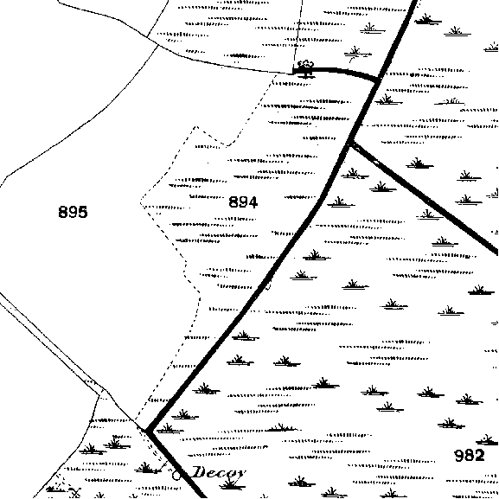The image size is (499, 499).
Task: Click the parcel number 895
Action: pos(73,212)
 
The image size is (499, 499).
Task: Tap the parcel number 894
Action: pos(243,202)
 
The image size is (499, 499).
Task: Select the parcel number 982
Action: pos(470,455)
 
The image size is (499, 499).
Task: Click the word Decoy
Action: pos(219,472)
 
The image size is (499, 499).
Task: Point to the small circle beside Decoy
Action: pos(176,475)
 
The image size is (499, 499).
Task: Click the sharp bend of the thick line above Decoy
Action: pos(147,431)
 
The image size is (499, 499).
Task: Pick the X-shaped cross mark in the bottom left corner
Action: pos(75,493)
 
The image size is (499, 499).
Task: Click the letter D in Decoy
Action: pos(200,471)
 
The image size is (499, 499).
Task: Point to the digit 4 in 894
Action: pos(253,202)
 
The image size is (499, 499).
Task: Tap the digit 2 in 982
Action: pos(479,455)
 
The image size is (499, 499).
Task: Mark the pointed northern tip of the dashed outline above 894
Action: pos(195,126)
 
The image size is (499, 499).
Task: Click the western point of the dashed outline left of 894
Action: pos(141,202)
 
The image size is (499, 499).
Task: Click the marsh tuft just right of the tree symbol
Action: pos(357,53)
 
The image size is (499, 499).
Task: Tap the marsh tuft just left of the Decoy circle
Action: pos(146,468)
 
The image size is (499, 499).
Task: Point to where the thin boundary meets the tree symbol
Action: pos(293,74)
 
